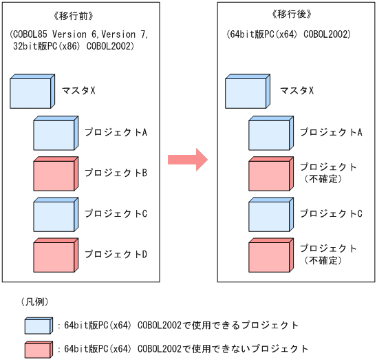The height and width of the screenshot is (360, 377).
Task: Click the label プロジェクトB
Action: point(116,173)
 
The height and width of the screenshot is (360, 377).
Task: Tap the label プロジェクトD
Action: point(116,254)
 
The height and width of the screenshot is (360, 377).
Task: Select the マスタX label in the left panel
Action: point(78,90)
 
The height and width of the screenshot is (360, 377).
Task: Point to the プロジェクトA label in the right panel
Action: point(331,132)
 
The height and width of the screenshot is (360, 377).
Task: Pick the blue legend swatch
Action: point(39,325)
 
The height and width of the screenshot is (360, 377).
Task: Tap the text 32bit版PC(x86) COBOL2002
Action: point(78,46)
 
